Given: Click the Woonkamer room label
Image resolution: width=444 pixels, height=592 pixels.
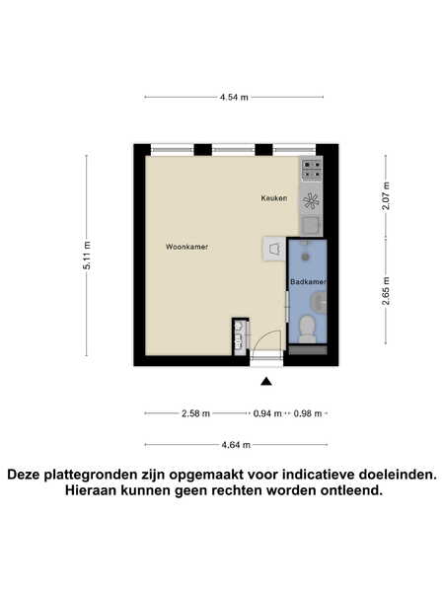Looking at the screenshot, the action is [x=186, y=247].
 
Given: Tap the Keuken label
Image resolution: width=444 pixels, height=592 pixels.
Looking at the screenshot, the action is [x=274, y=198].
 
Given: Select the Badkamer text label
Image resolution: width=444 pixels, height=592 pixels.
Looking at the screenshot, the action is [x=308, y=281].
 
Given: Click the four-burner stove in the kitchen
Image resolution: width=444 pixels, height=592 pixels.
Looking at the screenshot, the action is [x=312, y=170].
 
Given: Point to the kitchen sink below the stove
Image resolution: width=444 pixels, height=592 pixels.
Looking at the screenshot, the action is [x=312, y=226].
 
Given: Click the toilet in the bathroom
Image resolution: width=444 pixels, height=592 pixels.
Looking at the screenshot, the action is [x=308, y=330].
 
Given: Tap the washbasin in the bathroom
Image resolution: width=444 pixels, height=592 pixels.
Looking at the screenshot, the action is [x=320, y=303].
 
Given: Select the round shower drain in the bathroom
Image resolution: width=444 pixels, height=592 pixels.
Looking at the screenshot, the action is [x=306, y=258].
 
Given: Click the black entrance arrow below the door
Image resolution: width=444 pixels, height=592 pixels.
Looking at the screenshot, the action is [x=266, y=382].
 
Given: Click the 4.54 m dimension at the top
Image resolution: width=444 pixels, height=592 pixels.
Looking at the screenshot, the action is [x=234, y=97].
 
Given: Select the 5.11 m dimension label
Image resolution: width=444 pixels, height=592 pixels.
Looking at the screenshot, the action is [x=87, y=256].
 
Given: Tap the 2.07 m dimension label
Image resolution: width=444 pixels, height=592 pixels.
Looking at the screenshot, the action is [x=386, y=196].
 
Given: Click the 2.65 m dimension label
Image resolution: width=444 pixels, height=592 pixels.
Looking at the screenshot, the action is [x=386, y=291].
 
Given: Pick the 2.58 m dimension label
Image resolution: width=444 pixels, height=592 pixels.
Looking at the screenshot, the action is [x=195, y=413].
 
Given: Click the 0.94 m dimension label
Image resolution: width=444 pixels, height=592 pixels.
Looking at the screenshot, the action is [x=267, y=413].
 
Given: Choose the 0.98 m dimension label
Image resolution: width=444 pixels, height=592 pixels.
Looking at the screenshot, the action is [x=308, y=413].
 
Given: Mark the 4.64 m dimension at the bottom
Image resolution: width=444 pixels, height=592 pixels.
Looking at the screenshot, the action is [x=236, y=445].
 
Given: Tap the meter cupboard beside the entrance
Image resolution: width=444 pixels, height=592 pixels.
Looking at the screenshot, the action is [x=240, y=336].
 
